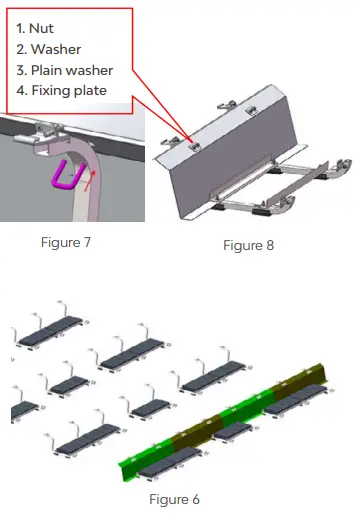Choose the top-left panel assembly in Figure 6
coord(50,336)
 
